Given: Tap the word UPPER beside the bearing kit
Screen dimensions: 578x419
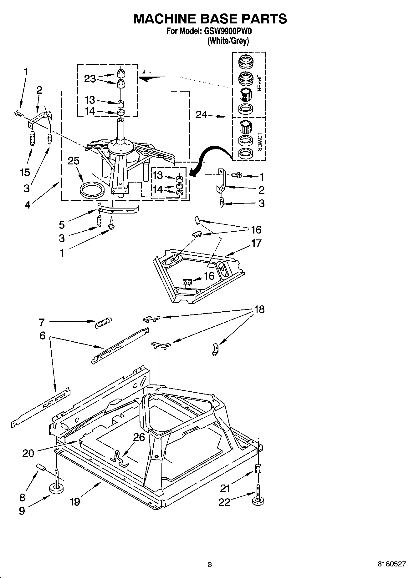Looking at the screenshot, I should tap(259, 83).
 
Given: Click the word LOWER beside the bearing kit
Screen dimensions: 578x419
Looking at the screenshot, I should tap(259, 142).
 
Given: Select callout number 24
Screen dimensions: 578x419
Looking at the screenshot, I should tap(202, 115).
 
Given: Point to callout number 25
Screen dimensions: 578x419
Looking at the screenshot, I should tap(74, 161).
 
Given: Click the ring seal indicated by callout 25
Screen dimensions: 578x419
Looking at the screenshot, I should tap(92, 191).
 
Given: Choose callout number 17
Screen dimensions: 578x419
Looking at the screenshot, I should tap(256, 243).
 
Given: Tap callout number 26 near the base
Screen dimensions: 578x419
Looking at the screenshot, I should tap(139, 437).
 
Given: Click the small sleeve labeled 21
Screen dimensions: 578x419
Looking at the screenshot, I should tap(258, 468).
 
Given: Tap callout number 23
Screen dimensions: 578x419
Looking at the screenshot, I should tap(90, 78).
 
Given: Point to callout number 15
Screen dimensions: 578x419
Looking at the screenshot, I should tap(25, 172).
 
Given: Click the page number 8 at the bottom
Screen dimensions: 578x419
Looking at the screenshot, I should tap(210, 564).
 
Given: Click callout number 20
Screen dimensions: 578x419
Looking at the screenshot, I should tap(28, 453).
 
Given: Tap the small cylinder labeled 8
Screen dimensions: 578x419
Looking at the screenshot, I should tap(41, 467).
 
